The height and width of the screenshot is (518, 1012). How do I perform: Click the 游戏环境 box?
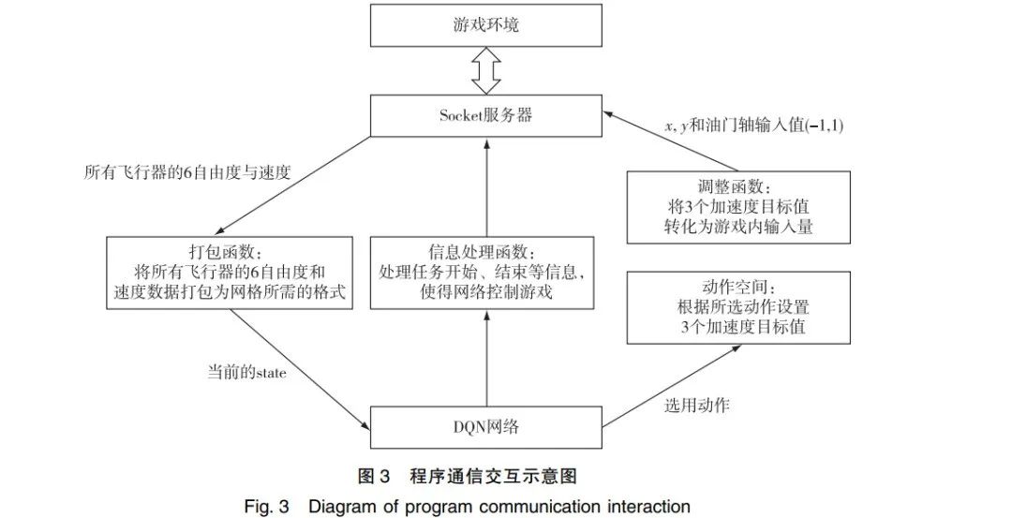click(485, 25)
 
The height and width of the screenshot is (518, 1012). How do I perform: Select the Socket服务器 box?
click(485, 115)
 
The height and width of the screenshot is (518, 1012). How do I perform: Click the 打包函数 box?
click(230, 273)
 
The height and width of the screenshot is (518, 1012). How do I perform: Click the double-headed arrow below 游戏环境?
click(485, 71)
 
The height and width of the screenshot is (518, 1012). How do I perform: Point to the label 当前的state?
click(246, 373)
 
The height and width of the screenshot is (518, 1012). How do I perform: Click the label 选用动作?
click(696, 406)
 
